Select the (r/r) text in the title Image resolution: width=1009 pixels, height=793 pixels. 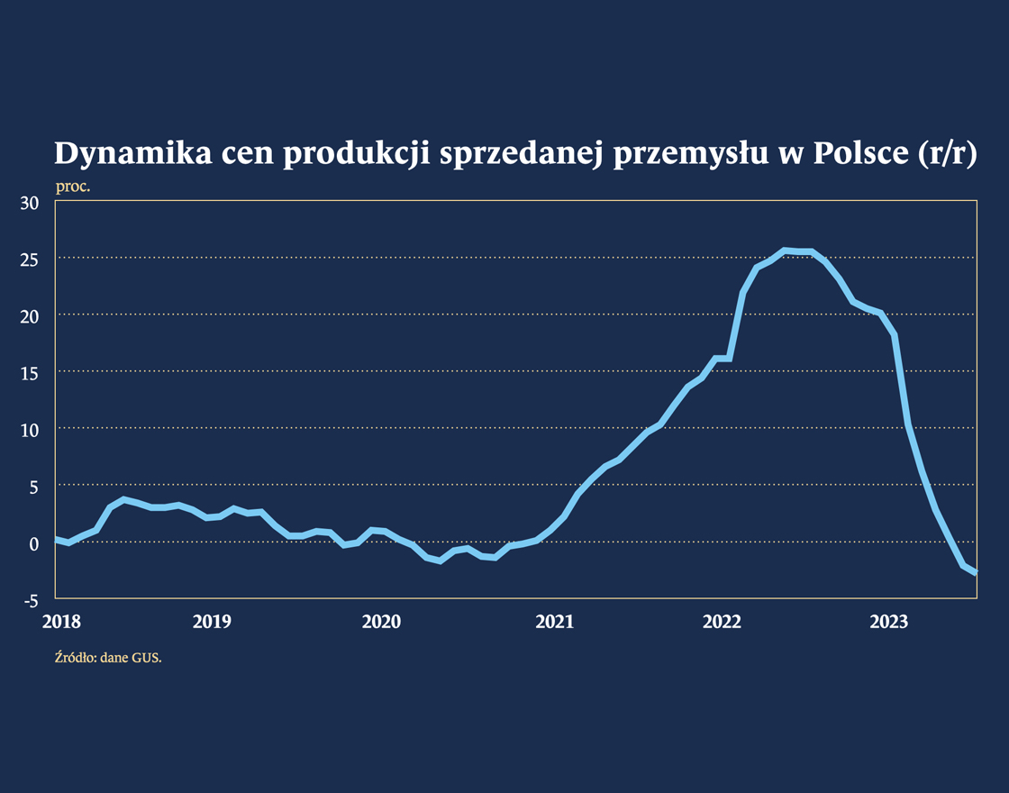click(946, 154)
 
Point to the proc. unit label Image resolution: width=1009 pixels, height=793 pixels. click(73, 187)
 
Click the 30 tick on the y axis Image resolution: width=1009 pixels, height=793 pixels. click(30, 203)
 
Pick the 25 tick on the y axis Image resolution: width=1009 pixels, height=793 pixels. click(30, 260)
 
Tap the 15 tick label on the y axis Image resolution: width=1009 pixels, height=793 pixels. click(30, 373)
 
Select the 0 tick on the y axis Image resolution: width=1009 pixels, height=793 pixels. click(34, 543)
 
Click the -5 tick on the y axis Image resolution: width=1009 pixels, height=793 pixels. click(31, 601)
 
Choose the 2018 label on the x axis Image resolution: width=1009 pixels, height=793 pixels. click(61, 622)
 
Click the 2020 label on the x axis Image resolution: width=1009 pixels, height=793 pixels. click(381, 622)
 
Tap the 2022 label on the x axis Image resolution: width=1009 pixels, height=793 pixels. click(721, 622)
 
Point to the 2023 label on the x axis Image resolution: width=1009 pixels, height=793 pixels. click(889, 622)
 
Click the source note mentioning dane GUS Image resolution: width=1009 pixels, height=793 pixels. click(108, 658)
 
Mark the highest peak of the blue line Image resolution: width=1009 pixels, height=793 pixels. click(785, 250)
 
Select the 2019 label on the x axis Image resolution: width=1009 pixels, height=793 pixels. click(213, 622)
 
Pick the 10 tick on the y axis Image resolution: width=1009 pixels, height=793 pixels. click(30, 430)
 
